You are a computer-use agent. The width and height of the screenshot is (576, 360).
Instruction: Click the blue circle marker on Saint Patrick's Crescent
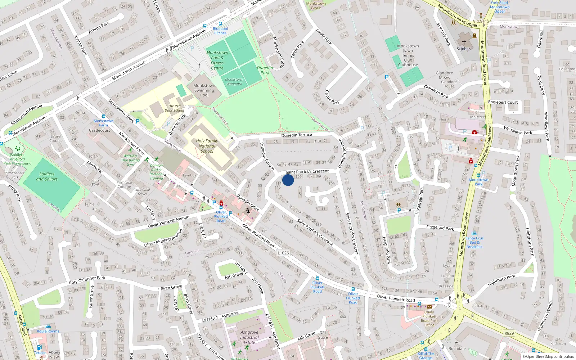pyautogui.click(x=288, y=180)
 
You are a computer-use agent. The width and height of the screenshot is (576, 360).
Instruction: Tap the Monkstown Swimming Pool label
pyautogui.click(x=204, y=90)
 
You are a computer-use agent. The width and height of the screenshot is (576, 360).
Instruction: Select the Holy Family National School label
pyautogui.click(x=207, y=146)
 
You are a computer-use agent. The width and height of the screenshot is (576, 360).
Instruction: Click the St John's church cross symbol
pyautogui.click(x=464, y=42)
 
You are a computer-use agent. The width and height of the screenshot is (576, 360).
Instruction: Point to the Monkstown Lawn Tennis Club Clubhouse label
pyautogui.click(x=408, y=55)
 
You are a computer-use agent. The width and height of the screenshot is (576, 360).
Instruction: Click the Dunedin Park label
pyautogui.click(x=265, y=70)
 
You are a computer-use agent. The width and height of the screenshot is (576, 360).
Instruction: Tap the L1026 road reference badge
pyautogui.click(x=283, y=253)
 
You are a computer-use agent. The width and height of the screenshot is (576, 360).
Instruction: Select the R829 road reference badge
pyautogui.click(x=509, y=333)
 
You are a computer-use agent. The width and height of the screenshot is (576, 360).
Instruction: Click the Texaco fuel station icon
pyautogui.click(x=39, y=348)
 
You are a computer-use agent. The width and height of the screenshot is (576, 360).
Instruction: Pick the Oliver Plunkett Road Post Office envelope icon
pyautogui.click(x=429, y=307)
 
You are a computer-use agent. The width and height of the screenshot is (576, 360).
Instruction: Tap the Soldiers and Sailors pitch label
pyautogui.click(x=47, y=176)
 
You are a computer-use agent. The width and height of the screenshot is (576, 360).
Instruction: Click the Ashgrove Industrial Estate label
pyautogui.click(x=249, y=337)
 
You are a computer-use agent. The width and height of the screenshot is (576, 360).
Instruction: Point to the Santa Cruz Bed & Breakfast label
pyautogui.click(x=474, y=242)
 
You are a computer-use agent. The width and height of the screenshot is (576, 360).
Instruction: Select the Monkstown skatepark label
pyautogui.click(x=234, y=82)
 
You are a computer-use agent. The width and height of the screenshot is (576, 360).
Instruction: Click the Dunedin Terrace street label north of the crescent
pyautogui.click(x=297, y=135)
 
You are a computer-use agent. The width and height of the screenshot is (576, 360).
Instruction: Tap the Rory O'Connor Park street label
pyautogui.click(x=87, y=280)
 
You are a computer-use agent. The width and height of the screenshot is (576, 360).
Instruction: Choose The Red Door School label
pyautogui.click(x=174, y=108)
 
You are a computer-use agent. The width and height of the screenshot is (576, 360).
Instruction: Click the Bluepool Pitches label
pyautogui.click(x=220, y=31)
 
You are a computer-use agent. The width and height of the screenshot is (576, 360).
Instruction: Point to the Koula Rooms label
pyautogui.click(x=48, y=331)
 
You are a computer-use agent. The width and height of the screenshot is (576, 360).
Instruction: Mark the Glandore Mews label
pyautogui.click(x=444, y=75)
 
